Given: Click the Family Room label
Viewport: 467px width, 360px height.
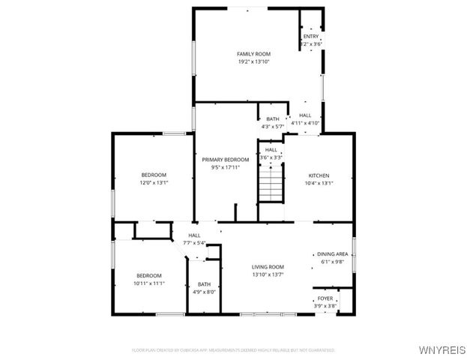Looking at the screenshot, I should click(253, 54).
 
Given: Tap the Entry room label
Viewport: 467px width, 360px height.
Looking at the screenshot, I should click(310, 37).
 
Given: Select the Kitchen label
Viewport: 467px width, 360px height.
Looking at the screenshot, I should click(319, 175).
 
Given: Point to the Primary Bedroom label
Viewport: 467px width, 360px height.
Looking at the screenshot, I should click(226, 160).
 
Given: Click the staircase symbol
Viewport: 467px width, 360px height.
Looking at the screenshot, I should click(271, 184).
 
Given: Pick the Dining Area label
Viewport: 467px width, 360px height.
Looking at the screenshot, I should click(332, 254).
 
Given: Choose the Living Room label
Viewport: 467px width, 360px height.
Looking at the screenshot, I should click(267, 267).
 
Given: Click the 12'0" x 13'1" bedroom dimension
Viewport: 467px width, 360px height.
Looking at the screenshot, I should click(154, 182).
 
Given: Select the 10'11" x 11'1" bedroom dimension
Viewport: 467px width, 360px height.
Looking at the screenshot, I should click(149, 283).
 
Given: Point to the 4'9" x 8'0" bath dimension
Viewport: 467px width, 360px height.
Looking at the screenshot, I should click(205, 292).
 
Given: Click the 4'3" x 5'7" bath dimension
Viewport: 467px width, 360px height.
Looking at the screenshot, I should click(273, 127).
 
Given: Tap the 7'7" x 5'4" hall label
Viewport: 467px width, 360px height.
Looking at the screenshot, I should click(194, 243).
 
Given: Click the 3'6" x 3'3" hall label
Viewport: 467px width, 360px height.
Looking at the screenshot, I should click(271, 157).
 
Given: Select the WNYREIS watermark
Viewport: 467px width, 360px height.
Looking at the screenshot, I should click(442, 350).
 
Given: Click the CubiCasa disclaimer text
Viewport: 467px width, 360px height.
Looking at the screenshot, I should click(232, 350).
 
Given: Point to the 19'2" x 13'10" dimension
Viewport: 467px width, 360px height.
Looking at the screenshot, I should click(253, 61).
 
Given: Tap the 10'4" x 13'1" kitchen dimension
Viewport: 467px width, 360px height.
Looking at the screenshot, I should click(319, 183).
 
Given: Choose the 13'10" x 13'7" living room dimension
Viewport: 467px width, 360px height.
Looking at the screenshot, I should click(267, 274).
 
